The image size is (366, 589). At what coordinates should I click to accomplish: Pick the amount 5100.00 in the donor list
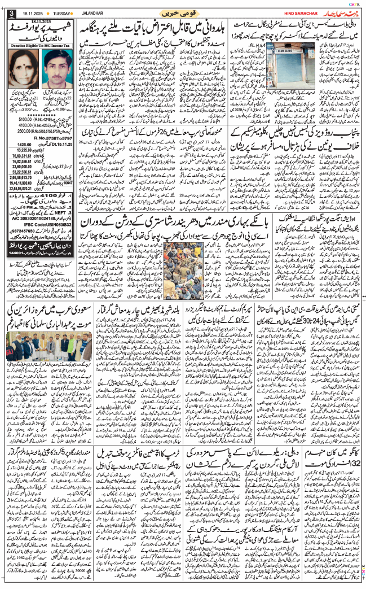(28, 119)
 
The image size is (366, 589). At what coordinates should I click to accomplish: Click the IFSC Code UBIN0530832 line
(42, 224)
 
